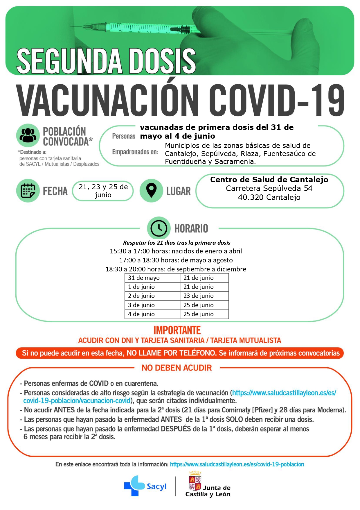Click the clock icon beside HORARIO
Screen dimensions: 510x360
159,228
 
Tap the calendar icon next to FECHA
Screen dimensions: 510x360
28,191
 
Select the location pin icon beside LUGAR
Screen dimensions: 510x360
151,191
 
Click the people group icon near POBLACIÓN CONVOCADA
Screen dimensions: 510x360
28,135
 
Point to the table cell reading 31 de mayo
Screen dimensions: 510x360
152,278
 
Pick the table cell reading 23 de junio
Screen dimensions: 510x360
204,296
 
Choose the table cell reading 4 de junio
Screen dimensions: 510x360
152,314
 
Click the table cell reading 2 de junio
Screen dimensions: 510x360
152,296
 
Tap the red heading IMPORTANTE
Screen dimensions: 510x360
177,330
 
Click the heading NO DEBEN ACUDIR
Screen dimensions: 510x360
177,368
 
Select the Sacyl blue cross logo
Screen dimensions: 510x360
134,486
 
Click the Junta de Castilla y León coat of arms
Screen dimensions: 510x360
195,481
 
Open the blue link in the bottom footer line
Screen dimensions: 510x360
237,464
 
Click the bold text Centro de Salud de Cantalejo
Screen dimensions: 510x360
269,180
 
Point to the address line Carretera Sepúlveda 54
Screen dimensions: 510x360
269,188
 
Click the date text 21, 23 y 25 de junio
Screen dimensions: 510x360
103,191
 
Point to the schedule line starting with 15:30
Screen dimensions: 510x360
176,251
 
